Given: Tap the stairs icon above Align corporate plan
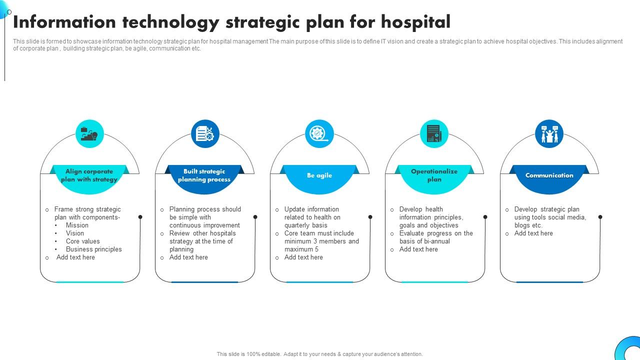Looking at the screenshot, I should tap(89, 134).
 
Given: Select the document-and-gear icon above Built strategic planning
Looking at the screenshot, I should tap(204, 134).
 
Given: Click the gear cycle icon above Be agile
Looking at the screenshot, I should tap(319, 134).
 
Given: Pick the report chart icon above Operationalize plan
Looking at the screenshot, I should tap(434, 134).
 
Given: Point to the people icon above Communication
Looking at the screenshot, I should tap(549, 134).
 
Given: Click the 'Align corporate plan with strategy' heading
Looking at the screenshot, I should tap(89, 175).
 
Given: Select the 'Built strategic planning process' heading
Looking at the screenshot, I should tap(204, 175).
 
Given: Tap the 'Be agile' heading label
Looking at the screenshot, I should tap(319, 175).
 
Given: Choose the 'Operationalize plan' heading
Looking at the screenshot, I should tap(434, 175).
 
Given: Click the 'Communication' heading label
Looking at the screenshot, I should tap(549, 175).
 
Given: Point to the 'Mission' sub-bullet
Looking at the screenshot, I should tap(77, 225).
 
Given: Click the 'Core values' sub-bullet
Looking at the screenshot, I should tap(82, 241).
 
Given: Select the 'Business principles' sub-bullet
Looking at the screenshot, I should tap(93, 249).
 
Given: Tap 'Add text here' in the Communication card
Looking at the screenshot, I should tap(533, 233).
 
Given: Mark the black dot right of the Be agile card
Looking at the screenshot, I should tap(370, 217).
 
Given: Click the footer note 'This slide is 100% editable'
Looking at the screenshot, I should tap(248, 354).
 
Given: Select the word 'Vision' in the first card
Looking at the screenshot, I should tap(74, 233).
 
